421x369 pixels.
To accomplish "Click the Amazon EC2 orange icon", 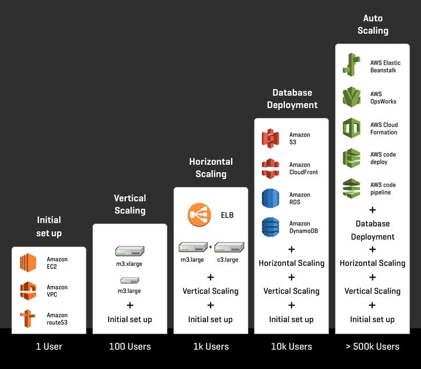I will pyautogui.click(x=28, y=263).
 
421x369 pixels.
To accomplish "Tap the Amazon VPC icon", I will pyautogui.click(x=28, y=291).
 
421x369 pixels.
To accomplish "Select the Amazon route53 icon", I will pyautogui.click(x=28, y=319).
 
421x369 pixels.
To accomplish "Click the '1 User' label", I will pyautogui.click(x=49, y=346).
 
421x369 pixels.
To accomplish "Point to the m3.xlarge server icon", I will pyautogui.click(x=130, y=251).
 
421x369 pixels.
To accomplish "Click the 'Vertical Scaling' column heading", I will pyautogui.click(x=130, y=204).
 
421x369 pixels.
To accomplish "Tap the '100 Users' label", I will pyautogui.click(x=130, y=346).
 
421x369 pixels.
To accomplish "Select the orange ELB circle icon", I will pyautogui.click(x=199, y=215).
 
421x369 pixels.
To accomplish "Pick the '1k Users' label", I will pyautogui.click(x=210, y=346).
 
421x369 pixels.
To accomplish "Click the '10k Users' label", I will pyautogui.click(x=291, y=346).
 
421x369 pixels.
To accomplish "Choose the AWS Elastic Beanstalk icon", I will pyautogui.click(x=351, y=64).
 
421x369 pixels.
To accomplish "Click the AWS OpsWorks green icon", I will pyautogui.click(x=351, y=97).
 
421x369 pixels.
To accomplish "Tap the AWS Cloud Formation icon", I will pyautogui.click(x=351, y=128).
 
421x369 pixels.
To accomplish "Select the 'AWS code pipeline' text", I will pyautogui.click(x=383, y=189).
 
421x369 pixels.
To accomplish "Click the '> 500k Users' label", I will pyautogui.click(x=372, y=346).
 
